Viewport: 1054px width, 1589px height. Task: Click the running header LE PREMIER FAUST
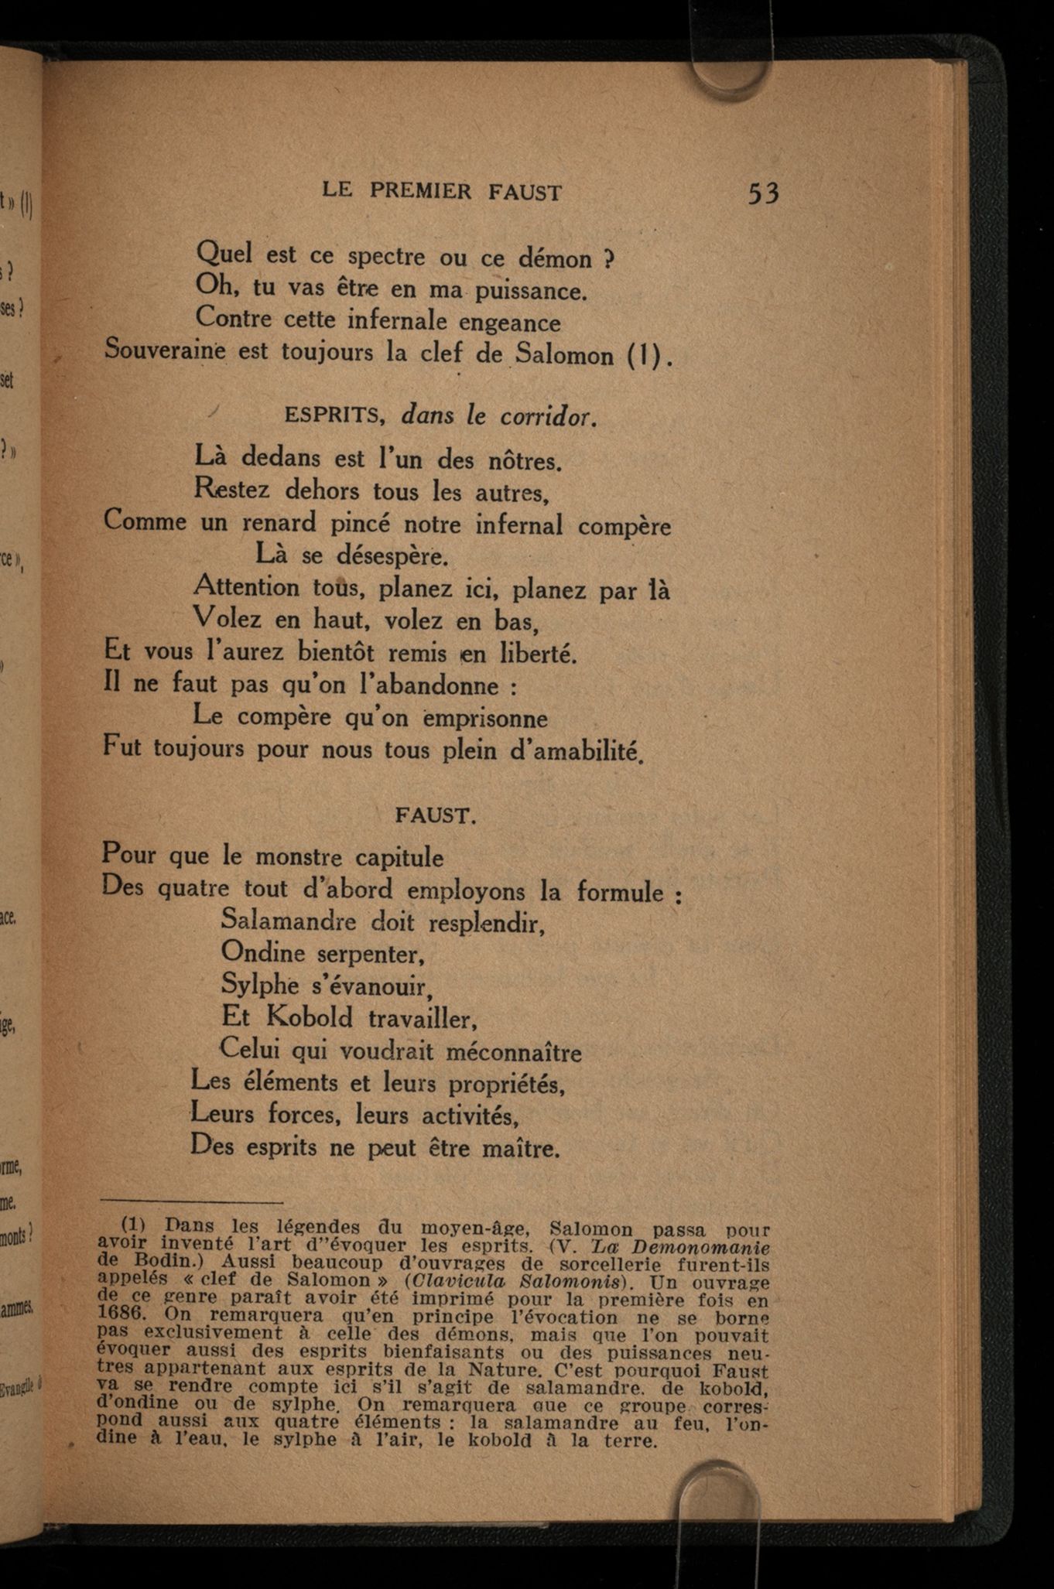tap(441, 191)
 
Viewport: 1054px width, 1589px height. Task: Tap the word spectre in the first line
tap(386, 256)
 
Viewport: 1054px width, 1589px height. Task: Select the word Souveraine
tap(165, 350)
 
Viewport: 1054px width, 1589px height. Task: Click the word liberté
tap(538, 654)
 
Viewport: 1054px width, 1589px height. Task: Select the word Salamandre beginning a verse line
tap(289, 921)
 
